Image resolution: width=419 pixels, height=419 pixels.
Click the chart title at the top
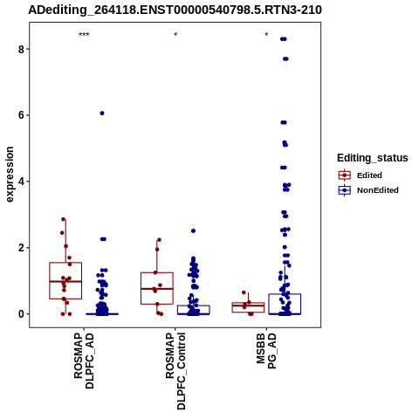click(175, 10)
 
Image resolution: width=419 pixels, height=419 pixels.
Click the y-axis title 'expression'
click(10, 175)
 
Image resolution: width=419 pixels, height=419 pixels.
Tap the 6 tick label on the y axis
click(21, 115)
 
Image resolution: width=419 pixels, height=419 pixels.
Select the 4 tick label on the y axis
click(21, 182)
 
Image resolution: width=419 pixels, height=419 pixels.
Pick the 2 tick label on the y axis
click(21, 248)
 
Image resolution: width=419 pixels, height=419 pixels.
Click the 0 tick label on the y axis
click(21, 314)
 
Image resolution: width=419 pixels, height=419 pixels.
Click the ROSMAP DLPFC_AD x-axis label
click(84, 361)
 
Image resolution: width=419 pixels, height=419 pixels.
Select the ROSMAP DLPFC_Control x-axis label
click(175, 371)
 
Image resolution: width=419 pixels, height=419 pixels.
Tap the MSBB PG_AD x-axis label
click(266, 351)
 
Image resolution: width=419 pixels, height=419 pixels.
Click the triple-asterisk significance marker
click(84, 35)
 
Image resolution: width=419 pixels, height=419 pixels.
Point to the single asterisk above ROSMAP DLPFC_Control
click(175, 35)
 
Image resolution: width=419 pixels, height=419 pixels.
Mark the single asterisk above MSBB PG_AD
click(266, 35)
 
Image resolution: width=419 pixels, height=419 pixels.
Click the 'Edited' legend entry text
click(369, 175)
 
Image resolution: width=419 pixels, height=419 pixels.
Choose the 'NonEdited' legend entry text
click(378, 190)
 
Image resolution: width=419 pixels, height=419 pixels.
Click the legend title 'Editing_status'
click(372, 158)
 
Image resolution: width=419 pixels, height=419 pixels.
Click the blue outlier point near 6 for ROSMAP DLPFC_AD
click(102, 113)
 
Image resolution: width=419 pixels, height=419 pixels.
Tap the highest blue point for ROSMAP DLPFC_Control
click(193, 230)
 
